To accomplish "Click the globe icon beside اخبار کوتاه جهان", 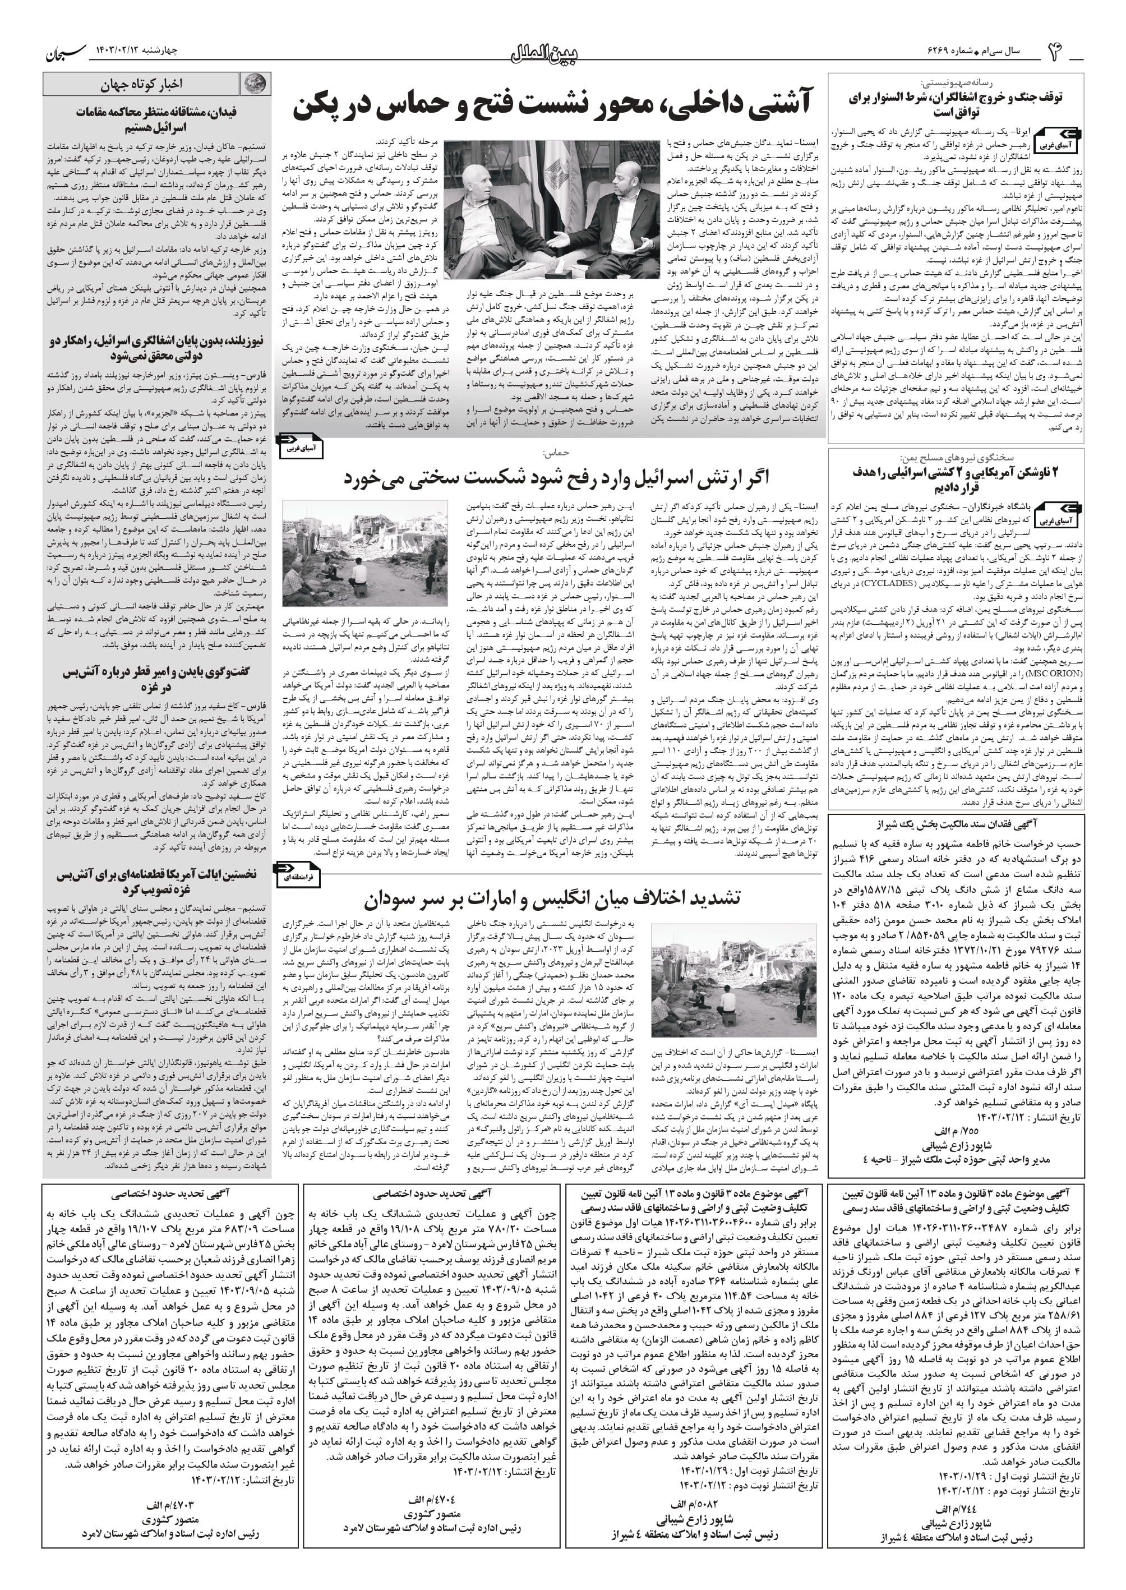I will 255,85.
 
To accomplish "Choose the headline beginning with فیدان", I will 156,120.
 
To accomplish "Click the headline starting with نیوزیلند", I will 156,348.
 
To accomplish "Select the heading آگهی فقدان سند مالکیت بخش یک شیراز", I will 956,824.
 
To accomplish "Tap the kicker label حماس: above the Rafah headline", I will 557,453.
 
